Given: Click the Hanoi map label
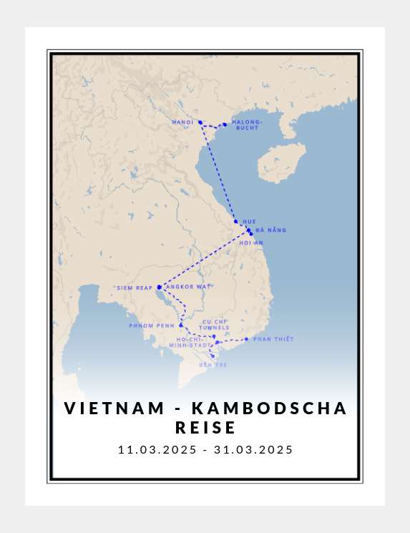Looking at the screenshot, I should click(x=183, y=122).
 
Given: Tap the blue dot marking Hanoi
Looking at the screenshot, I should click(x=200, y=122).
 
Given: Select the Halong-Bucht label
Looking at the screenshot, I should click(x=247, y=125).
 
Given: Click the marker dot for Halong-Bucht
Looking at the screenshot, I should click(x=225, y=124).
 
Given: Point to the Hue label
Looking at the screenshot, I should click(x=249, y=222).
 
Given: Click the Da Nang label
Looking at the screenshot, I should click(x=270, y=230).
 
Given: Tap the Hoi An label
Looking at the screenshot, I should click(x=251, y=243).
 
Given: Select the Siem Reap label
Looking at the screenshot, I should click(x=135, y=288).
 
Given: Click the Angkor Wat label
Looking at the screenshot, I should click(x=189, y=287).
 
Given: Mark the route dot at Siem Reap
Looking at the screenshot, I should click(x=159, y=287).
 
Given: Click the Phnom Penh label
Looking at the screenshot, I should click(x=152, y=326).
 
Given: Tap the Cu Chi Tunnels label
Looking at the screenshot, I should click(x=215, y=325).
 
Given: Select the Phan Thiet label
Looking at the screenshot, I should click(x=273, y=339).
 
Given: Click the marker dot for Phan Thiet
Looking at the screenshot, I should click(x=246, y=339).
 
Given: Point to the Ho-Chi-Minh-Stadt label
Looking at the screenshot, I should click(x=190, y=342).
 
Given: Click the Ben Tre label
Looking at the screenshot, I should click(x=213, y=365).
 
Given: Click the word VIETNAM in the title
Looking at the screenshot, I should click(x=114, y=408).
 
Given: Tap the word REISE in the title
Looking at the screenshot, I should click(x=205, y=428).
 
